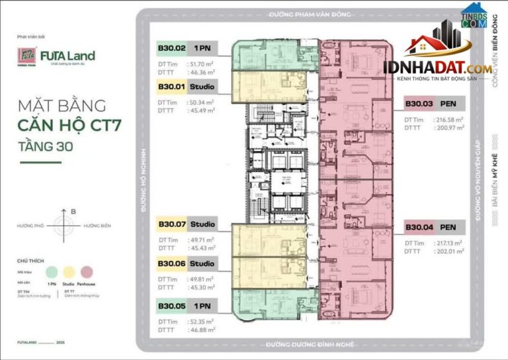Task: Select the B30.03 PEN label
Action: (419, 103)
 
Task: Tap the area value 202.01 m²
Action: (450, 251)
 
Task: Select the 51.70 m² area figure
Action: (202, 64)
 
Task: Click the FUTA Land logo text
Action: (75, 56)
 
